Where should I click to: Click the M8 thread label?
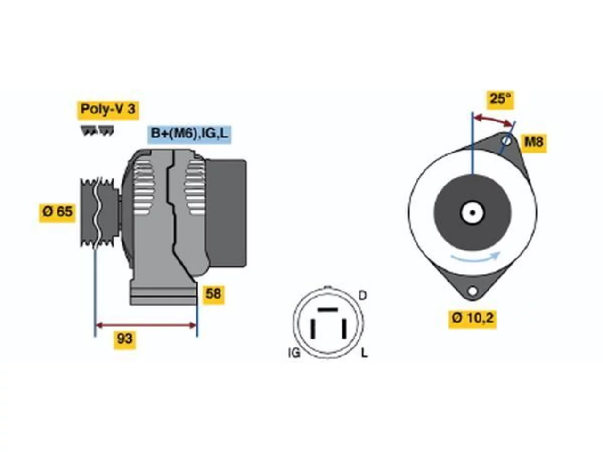click(x=534, y=143)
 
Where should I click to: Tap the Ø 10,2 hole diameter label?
click(x=473, y=319)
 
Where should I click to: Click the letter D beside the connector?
click(x=363, y=296)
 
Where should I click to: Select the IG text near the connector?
click(x=294, y=353)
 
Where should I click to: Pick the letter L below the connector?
click(x=364, y=353)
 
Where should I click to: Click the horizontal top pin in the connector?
click(x=327, y=309)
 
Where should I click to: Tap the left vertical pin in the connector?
click(x=312, y=329)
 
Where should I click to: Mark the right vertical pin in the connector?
click(x=343, y=329)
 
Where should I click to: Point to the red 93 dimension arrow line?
click(x=146, y=326)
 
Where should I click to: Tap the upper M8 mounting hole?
click(x=506, y=141)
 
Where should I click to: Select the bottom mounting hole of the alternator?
click(x=472, y=291)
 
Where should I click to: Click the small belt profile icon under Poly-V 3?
click(x=97, y=130)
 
